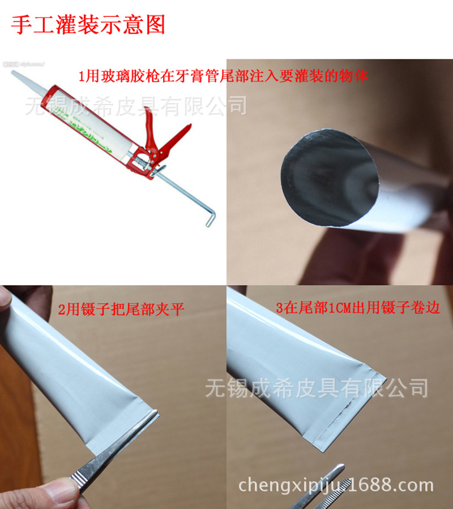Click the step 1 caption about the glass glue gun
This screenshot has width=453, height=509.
click(223, 75)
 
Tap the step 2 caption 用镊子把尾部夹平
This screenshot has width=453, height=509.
click(121, 309)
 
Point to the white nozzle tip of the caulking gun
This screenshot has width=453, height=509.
click(17, 76)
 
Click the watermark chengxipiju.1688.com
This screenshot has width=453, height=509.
click(336, 485)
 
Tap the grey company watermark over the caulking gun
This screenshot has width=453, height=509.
click(136, 105)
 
